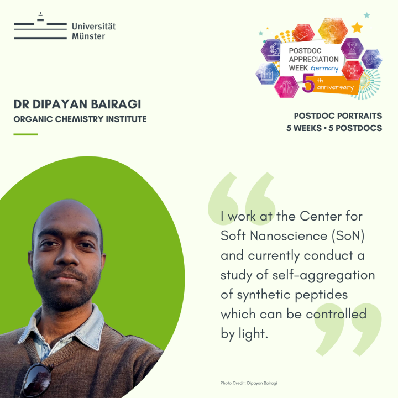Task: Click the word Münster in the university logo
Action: coord(88,36)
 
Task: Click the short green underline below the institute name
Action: coord(25,134)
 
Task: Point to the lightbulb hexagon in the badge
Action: coord(333,30)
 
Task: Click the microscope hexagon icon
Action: coord(271,50)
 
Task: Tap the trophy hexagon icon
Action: coord(352,48)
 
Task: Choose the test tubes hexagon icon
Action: coord(268,74)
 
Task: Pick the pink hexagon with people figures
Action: coord(286,87)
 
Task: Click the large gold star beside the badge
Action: coord(357,28)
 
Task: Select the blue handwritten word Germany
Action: coord(324,69)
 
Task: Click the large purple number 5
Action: coord(308,83)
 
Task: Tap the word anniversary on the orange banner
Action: coord(336,87)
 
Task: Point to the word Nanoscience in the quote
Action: coord(289,236)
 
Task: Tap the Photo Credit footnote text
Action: coord(249,383)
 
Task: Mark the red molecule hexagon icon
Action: coord(353,70)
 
